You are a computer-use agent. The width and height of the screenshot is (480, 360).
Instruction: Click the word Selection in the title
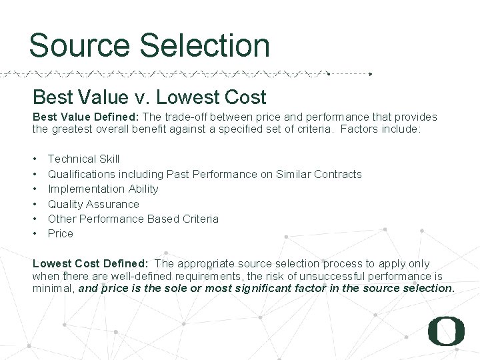tap(204, 46)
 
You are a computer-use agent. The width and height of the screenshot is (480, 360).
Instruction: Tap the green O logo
tap(446, 331)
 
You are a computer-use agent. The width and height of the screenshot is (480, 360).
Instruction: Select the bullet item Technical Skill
tap(83, 159)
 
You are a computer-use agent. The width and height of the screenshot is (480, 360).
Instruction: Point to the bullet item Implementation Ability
tap(103, 189)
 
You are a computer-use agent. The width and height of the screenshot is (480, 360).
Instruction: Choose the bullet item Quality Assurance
tap(93, 204)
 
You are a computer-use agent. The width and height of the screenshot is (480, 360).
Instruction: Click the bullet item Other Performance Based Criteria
tap(133, 219)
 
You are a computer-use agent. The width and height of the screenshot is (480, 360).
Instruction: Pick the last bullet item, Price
tap(60, 233)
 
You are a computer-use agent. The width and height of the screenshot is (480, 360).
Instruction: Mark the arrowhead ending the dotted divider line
tap(371, 73)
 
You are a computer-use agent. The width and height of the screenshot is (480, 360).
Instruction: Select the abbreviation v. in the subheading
tap(141, 97)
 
